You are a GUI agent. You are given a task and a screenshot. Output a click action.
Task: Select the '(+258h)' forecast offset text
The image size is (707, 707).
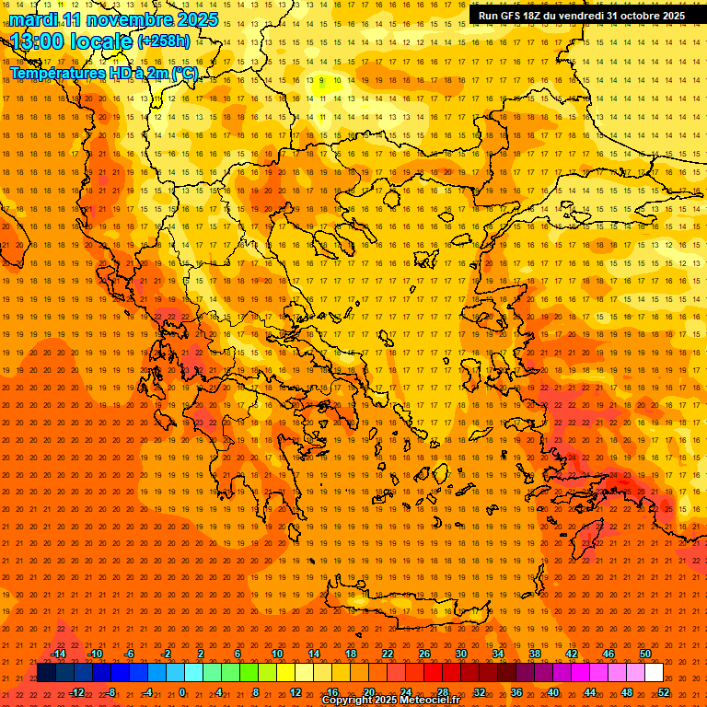pos(163,41)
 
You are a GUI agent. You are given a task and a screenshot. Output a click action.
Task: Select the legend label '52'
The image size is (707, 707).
pos(663,692)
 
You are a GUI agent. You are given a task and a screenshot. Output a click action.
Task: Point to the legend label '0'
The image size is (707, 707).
pos(182,692)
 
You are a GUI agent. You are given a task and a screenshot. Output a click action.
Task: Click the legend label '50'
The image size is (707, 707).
pos(644,654)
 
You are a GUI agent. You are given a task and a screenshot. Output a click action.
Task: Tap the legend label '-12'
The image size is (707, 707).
pos(77,692)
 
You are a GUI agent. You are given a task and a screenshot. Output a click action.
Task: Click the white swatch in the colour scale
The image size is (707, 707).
pos(654,673)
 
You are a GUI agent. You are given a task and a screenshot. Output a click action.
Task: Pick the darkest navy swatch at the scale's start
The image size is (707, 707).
pos(46,673)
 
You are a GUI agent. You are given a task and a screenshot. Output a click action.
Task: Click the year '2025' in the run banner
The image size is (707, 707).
pos(670,16)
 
